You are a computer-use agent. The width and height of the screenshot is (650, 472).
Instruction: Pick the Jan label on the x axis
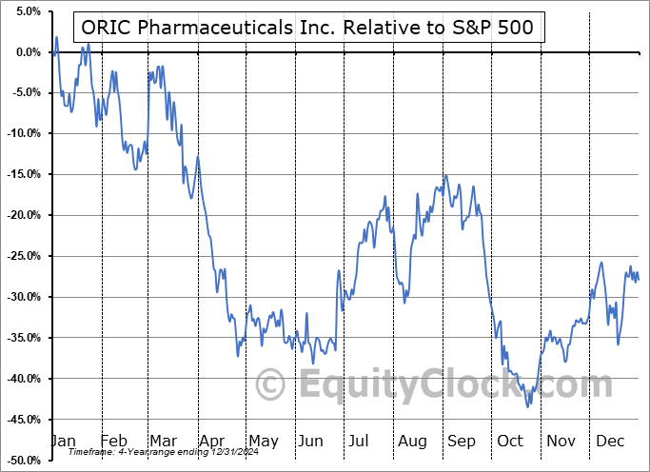[x=62, y=441]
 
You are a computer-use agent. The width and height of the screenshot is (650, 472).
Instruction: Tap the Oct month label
[x=511, y=441]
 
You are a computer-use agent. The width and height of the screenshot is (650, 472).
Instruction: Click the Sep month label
[x=462, y=441]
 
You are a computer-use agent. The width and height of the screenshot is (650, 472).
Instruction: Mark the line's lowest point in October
[x=528, y=406]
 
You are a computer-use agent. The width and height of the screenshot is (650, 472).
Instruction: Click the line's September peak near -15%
[x=445, y=176]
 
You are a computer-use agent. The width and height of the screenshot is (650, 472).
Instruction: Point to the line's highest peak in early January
[x=57, y=38]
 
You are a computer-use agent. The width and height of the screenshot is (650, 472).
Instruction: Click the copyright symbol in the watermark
[x=271, y=385]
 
